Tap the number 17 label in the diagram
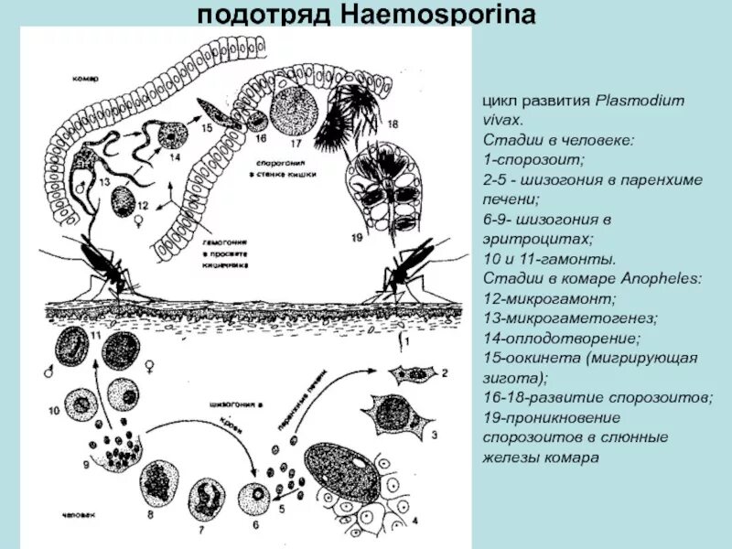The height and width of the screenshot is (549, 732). tap(296, 144)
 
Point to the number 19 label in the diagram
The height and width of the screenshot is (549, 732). tap(357, 237)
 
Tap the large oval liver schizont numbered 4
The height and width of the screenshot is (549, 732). tap(343, 475)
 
